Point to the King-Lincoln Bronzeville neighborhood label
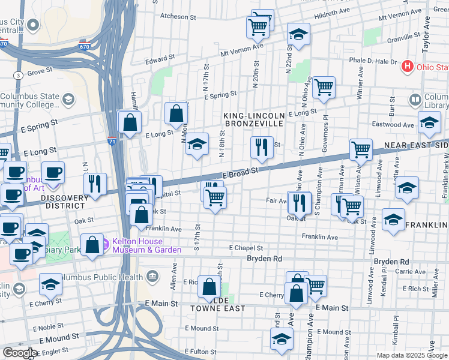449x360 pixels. (x=253, y=119)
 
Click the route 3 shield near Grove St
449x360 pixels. (x=19, y=75)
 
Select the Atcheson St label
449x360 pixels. (x=174, y=17)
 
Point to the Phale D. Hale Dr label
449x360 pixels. (x=373, y=61)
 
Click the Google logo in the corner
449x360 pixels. (x=20, y=353)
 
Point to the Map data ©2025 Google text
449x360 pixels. (x=412, y=355)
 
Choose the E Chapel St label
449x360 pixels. (x=246, y=248)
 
